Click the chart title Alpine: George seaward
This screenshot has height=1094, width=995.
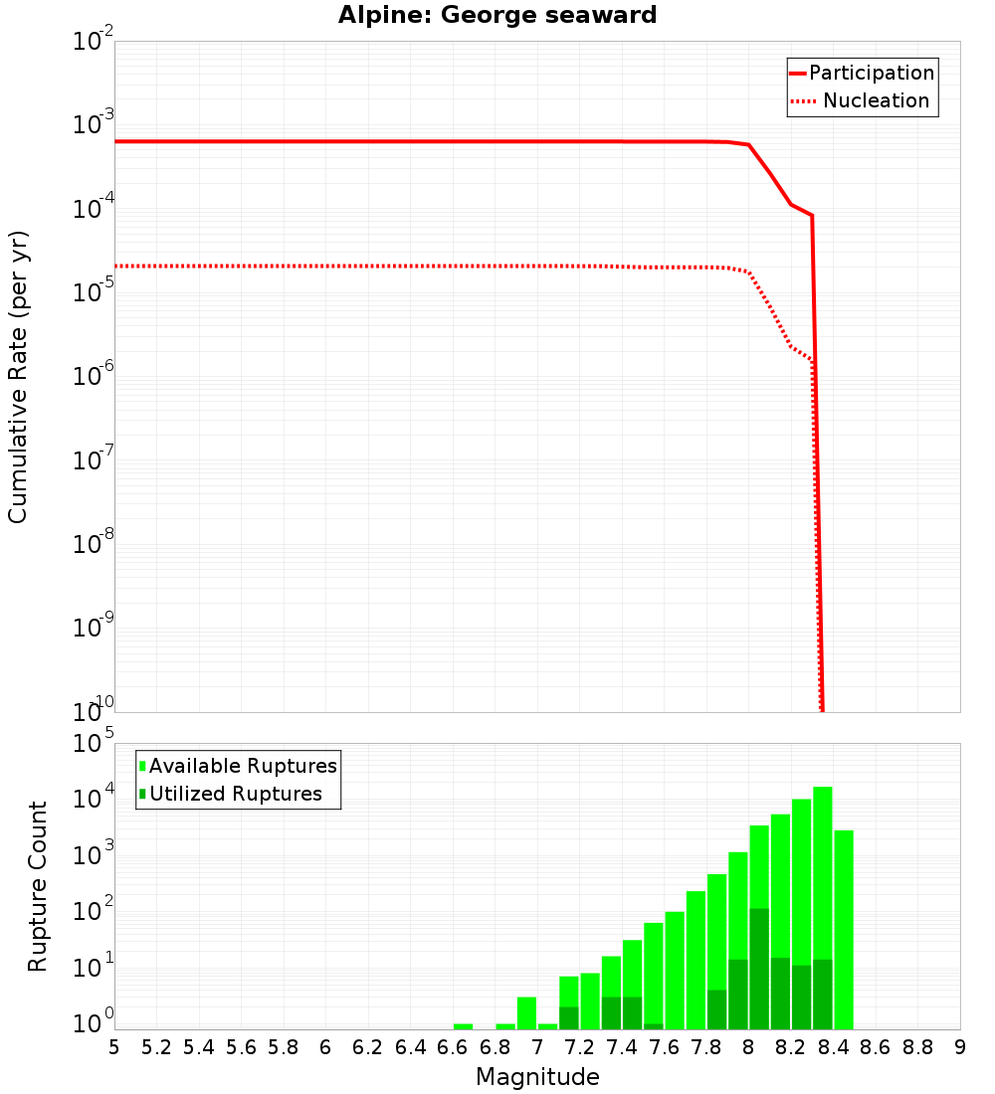[x=497, y=15]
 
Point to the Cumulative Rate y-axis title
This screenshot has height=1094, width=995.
[x=18, y=376]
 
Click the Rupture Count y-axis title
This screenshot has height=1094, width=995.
[x=38, y=885]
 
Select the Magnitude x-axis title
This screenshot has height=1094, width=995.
[x=537, y=1077]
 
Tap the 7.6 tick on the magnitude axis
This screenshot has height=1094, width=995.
[x=664, y=1047]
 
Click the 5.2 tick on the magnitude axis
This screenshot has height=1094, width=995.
[x=156, y=1047]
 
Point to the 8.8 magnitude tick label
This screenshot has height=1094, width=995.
[x=917, y=1047]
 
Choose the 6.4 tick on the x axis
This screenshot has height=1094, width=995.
[x=410, y=1047]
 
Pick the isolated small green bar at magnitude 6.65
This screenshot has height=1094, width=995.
[x=463, y=1026]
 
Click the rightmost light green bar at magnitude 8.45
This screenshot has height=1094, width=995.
[x=844, y=925]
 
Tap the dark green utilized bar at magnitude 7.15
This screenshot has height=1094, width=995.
[x=569, y=1017]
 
